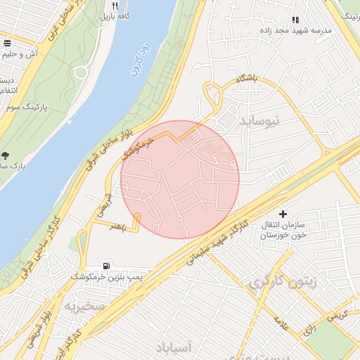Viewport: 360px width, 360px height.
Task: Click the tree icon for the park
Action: pos(5,155)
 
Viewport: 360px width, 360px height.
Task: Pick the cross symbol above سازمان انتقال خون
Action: pos(283,213)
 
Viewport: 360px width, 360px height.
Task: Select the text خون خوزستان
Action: pos(284,237)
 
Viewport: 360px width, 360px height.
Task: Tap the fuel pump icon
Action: pos(106,266)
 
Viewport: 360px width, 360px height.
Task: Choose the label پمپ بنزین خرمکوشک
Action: pos(106,278)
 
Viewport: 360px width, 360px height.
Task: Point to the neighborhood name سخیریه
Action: pos(84,307)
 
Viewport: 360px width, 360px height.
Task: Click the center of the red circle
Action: pos(180,179)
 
